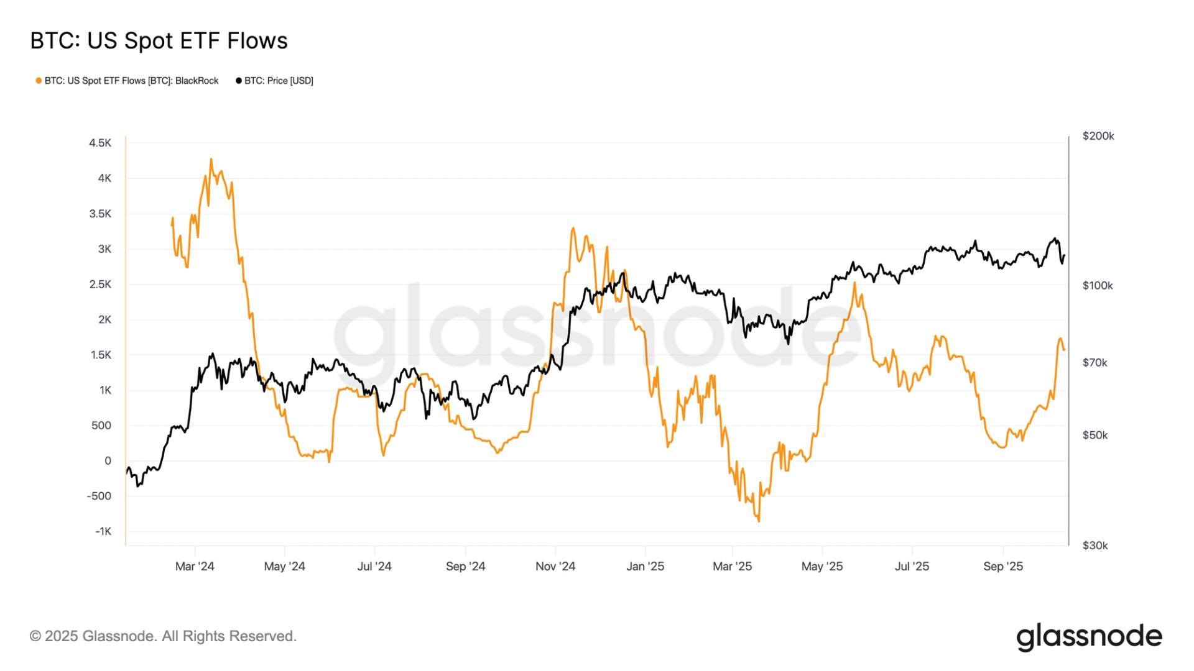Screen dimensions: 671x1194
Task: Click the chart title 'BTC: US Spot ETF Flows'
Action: (x=159, y=41)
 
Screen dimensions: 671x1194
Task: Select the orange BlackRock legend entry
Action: (x=127, y=81)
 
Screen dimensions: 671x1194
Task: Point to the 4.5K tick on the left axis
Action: (x=100, y=143)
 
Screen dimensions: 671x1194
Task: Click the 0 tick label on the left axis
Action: (x=108, y=461)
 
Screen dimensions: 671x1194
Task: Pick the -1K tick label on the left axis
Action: (x=103, y=531)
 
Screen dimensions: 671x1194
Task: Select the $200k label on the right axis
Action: (x=1098, y=136)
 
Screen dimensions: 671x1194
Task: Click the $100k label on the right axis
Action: (x=1098, y=286)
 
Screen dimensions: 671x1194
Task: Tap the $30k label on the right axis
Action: (x=1095, y=545)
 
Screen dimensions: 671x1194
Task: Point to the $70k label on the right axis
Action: (x=1095, y=363)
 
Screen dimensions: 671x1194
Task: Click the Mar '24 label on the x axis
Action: (x=195, y=567)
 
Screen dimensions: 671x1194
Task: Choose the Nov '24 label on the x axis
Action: (x=555, y=567)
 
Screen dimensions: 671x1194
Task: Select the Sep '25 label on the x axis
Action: (x=1002, y=567)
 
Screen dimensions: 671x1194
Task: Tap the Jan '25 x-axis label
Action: (x=645, y=567)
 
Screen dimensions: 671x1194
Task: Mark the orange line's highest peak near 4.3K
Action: (x=211, y=159)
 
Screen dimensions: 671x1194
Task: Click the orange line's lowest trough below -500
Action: (x=759, y=521)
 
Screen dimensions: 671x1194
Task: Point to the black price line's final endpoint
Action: (x=1065, y=255)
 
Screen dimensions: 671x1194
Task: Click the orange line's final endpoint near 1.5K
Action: (x=1064, y=350)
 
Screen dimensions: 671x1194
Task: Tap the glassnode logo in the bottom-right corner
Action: (x=1089, y=637)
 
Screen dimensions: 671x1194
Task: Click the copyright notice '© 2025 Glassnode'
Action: (x=163, y=636)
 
